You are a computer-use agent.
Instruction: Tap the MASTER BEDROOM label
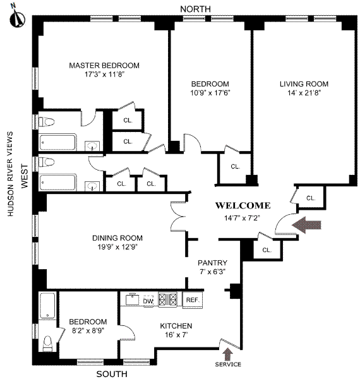click(104, 66)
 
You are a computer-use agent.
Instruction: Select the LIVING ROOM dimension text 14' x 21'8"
click(304, 93)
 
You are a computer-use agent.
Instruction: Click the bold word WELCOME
click(243, 206)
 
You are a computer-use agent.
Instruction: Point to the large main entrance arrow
click(306, 225)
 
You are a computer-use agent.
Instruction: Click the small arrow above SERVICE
click(227, 354)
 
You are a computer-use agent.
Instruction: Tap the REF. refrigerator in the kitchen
click(193, 300)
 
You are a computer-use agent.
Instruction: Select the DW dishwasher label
click(148, 301)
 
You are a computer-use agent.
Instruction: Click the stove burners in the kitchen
click(167, 299)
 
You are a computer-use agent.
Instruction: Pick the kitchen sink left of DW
click(132, 299)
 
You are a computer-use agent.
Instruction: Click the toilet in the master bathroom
click(46, 121)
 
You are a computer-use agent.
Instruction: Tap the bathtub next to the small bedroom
click(47, 306)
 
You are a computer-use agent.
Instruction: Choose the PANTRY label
click(212, 263)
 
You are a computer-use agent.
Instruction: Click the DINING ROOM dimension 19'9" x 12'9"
click(117, 247)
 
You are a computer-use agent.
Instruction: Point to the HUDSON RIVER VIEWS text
click(10, 174)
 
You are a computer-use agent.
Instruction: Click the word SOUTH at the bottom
click(112, 374)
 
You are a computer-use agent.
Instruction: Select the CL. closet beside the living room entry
click(311, 198)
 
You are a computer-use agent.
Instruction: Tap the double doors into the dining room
click(177, 216)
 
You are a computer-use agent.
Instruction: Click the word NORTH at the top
click(195, 9)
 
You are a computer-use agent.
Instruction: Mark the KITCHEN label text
click(176, 326)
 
